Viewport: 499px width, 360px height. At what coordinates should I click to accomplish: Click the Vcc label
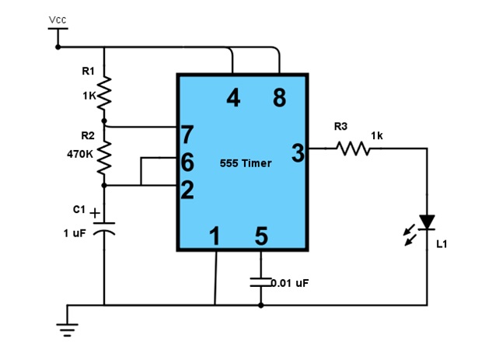coord(58,19)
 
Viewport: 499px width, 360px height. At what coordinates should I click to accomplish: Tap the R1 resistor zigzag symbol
coord(104,93)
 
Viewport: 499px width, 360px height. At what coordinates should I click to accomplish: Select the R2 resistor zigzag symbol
coord(104,158)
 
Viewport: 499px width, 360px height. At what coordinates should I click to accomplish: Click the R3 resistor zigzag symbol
coord(353,149)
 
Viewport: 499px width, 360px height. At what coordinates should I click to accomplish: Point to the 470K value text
coord(80,155)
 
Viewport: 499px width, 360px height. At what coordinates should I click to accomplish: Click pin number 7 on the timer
coord(187,135)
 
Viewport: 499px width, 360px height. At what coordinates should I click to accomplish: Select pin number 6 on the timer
coord(187,162)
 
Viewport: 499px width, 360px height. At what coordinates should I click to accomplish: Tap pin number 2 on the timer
coord(187,190)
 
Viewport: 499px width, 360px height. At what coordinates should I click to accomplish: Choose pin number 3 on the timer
coord(298,153)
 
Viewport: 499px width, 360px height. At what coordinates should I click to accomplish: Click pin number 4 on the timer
coord(233,97)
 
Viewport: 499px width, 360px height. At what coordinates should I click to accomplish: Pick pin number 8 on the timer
coord(279,97)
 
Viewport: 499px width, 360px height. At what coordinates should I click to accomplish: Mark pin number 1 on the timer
coord(215,236)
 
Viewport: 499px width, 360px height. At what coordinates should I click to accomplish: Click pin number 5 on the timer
coord(261,236)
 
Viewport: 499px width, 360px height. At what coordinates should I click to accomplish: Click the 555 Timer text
coord(246,163)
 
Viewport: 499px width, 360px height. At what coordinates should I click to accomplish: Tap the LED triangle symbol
coord(427,222)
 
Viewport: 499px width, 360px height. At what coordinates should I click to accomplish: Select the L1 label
coord(441,244)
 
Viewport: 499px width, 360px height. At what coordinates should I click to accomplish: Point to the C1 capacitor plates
coord(104,229)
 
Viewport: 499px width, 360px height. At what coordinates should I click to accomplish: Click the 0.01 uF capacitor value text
coord(290,283)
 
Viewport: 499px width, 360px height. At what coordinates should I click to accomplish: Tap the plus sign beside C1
coord(95,213)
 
